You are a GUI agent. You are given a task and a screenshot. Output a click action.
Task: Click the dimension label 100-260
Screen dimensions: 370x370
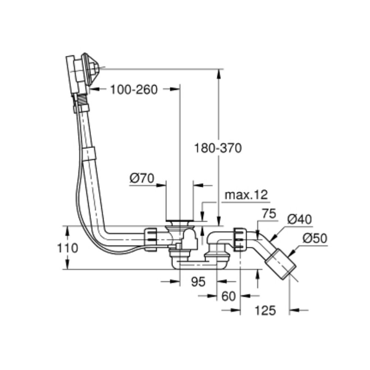pyautogui.click(x=134, y=89)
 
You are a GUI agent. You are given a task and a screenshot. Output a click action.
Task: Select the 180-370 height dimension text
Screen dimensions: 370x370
pyautogui.click(x=218, y=148)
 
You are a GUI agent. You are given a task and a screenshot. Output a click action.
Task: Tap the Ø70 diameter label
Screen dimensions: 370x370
pyautogui.click(x=142, y=179)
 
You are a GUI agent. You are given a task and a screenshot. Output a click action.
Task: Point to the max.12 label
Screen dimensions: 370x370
pyautogui.click(x=246, y=195)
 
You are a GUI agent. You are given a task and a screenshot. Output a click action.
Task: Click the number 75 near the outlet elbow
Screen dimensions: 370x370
pyautogui.click(x=270, y=214)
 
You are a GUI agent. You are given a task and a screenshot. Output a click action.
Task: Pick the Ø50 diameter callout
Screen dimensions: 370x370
pyautogui.click(x=315, y=239)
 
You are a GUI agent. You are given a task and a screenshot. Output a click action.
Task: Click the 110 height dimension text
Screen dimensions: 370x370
pyautogui.click(x=68, y=248)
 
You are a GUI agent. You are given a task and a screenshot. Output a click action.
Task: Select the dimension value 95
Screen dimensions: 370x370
pyautogui.click(x=198, y=282)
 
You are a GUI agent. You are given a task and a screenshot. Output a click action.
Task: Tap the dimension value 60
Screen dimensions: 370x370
pyautogui.click(x=228, y=296)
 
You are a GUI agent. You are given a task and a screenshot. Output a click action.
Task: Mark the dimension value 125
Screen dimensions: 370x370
pyautogui.click(x=265, y=310)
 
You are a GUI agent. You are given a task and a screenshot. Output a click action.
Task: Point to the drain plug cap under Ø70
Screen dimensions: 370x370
pyautogui.click(x=179, y=222)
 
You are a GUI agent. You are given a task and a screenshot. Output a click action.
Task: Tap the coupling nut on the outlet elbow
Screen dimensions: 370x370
pyautogui.click(x=239, y=240)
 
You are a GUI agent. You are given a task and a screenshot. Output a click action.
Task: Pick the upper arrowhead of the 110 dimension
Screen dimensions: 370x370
pyautogui.click(x=68, y=230)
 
